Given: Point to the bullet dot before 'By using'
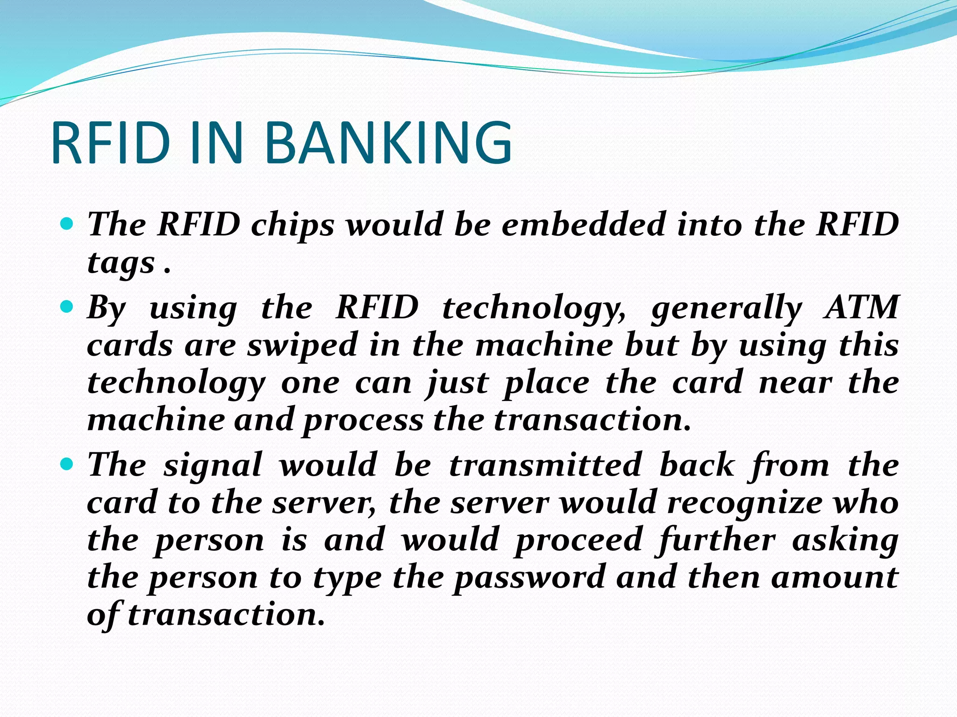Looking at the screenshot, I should (67, 307).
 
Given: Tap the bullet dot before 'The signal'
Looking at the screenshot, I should (67, 464).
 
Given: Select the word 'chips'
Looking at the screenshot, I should (293, 225).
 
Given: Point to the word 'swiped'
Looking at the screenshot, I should (302, 346).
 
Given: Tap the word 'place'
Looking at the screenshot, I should (546, 384).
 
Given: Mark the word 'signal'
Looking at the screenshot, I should (213, 466).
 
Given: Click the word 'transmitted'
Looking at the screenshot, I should (545, 465).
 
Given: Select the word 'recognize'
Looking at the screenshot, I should (744, 504).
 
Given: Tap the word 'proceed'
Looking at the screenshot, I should (579, 541).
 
